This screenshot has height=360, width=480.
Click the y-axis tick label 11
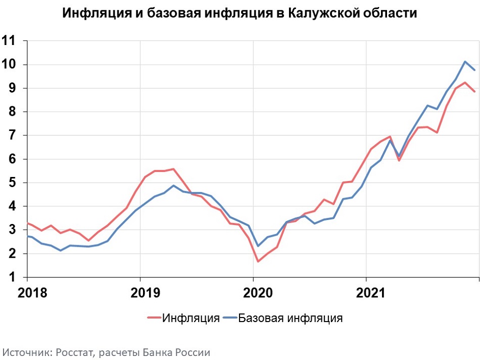[10, 41]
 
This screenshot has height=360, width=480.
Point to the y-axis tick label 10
[10, 65]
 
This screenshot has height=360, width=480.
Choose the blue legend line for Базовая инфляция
[229, 318]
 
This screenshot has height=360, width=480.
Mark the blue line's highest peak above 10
[465, 62]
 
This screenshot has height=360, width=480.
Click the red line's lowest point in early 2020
[258, 261]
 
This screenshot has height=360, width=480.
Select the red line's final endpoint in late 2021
[474, 92]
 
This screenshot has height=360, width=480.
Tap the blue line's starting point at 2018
[27, 236]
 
